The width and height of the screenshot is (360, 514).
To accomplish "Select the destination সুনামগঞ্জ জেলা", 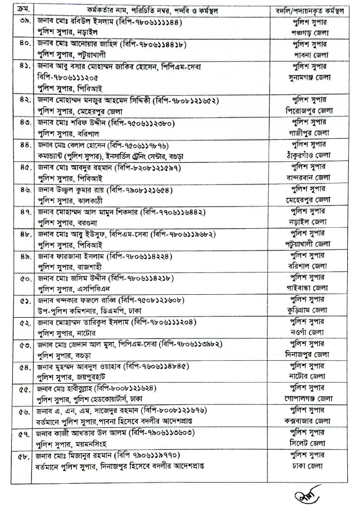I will tap(308, 78).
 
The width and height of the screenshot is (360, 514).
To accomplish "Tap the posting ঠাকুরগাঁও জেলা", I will tap(308, 155).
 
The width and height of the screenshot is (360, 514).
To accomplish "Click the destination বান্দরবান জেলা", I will tap(308, 177).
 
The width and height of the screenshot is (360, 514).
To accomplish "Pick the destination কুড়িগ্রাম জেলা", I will tap(308, 310).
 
